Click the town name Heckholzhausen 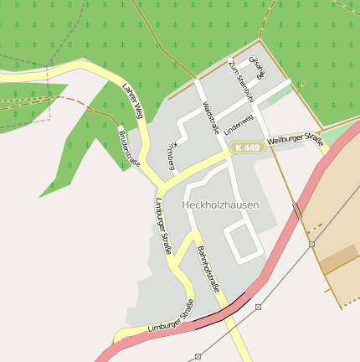pos(220,204)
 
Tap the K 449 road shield pos(248,147)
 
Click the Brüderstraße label pos(129,147)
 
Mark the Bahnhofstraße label pos(208,268)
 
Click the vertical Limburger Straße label pos(163,226)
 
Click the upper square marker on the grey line pos(311,244)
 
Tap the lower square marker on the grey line pos(258,307)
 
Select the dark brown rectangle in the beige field pos(338,259)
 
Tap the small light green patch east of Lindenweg pos(276,96)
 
